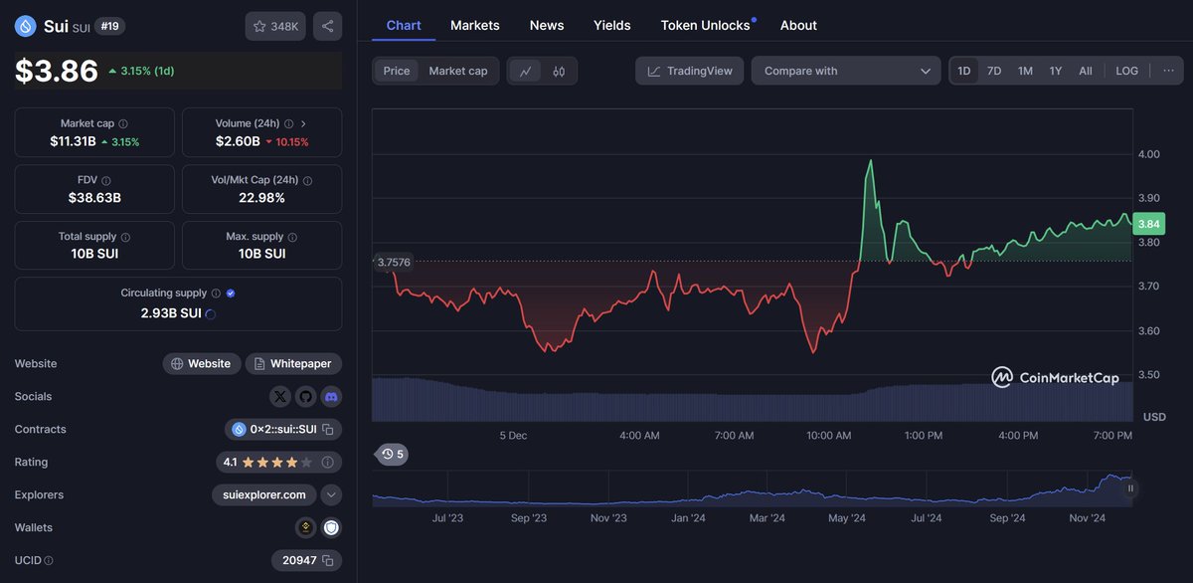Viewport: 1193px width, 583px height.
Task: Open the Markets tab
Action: [474, 25]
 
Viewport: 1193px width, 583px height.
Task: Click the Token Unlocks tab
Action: [705, 25]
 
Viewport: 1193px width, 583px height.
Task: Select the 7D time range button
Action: [993, 71]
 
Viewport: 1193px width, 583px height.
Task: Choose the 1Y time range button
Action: [1055, 71]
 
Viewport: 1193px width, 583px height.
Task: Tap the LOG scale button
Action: [1126, 71]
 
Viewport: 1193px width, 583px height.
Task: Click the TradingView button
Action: [689, 71]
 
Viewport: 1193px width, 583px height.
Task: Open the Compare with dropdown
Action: [845, 71]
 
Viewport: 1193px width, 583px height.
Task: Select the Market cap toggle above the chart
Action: [457, 71]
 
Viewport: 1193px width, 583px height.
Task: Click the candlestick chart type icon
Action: [559, 71]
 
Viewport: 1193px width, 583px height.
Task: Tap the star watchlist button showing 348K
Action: [275, 26]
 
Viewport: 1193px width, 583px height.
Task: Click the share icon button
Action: [328, 26]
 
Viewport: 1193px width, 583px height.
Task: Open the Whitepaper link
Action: [293, 363]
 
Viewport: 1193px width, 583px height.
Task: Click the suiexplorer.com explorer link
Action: [264, 494]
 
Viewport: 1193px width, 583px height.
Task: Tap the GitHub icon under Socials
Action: [305, 396]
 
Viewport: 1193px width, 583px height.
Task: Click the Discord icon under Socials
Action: [331, 396]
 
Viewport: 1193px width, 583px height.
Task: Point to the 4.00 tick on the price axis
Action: [1148, 154]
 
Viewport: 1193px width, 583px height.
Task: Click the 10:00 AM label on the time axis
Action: [828, 436]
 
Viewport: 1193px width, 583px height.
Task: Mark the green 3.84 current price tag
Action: [1149, 224]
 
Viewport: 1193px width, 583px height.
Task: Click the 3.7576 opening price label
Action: [393, 262]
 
